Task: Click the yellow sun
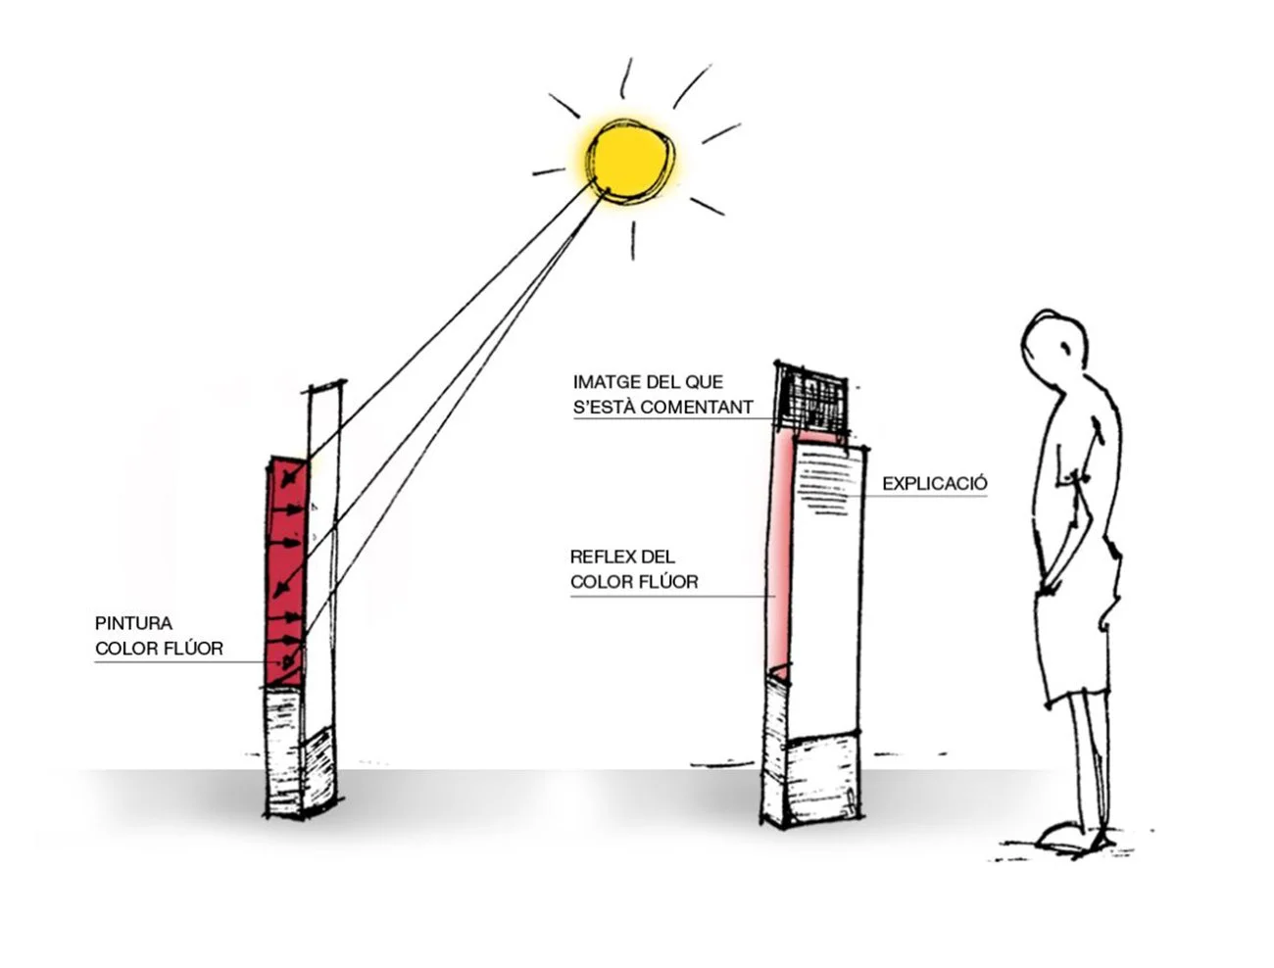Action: click(631, 160)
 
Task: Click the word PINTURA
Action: click(133, 623)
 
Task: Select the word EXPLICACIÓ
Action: click(934, 484)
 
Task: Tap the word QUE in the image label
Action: click(705, 382)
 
